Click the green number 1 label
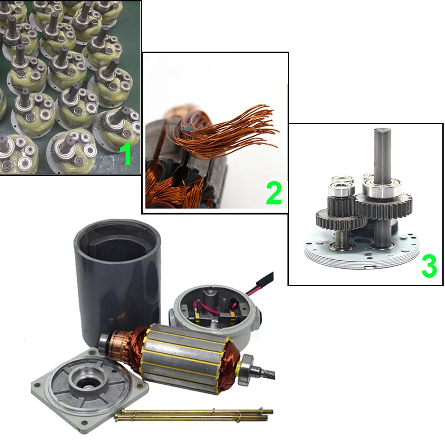pos(125,154)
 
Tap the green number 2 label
pos(274,193)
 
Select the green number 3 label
pos(429,266)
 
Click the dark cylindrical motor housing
pos(117,278)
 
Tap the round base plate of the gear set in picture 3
pos(361,250)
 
